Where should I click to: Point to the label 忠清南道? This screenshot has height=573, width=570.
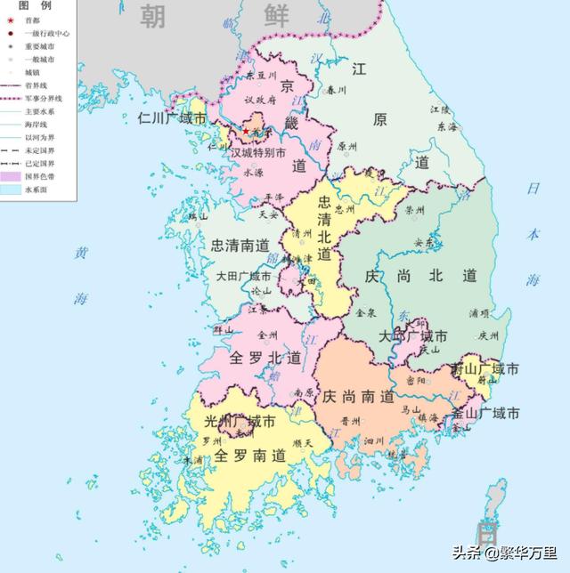pos(240,245)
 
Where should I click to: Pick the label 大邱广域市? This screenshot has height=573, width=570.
pos(412,336)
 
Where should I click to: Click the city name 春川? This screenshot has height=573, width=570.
pos(336,90)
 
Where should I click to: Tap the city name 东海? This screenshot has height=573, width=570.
pos(446,126)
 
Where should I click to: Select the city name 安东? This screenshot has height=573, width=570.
pos(425,242)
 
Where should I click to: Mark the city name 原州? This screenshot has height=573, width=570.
pos(347,148)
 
